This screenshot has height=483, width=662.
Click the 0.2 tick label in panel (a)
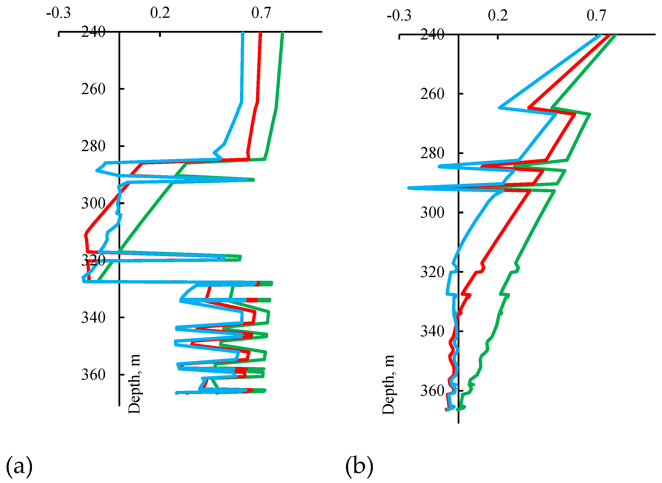160,13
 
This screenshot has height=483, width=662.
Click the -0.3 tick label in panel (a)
59,13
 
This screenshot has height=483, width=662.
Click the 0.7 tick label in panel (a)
261,13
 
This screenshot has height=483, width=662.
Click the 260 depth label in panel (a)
93,89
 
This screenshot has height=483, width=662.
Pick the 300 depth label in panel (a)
93,203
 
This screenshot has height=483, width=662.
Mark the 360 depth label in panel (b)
432,391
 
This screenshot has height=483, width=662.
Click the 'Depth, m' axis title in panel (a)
135,384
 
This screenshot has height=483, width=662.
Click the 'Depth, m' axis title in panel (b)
388,385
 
